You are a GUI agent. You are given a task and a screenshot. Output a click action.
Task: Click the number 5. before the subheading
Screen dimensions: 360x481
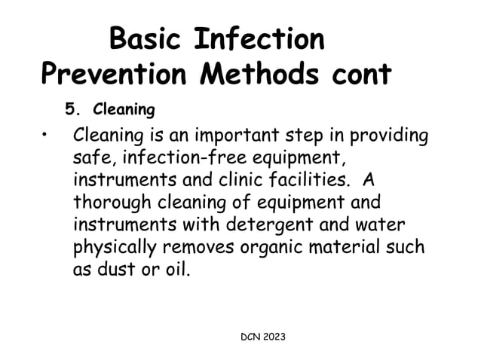click(73, 110)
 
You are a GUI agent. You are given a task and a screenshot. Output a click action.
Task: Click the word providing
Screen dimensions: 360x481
click(388, 139)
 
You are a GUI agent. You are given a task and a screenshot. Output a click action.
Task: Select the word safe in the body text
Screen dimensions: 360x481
click(90, 160)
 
